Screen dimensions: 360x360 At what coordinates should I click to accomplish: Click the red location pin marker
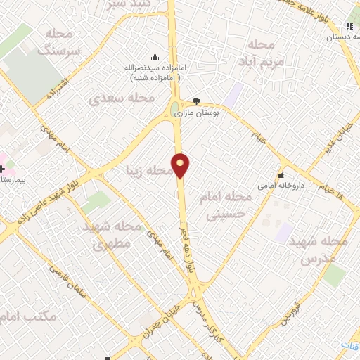pos(181,165)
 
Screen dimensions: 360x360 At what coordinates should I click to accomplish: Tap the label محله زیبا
pos(148,170)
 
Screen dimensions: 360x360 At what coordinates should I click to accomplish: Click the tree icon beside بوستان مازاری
pos(196,101)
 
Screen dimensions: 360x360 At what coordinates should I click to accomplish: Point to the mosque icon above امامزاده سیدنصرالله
pos(155,58)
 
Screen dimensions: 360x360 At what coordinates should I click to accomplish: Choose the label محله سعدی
pos(122,98)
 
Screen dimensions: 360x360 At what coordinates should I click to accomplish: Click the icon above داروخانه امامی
pos(281,176)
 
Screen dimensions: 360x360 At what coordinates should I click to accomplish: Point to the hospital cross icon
pos(3,169)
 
